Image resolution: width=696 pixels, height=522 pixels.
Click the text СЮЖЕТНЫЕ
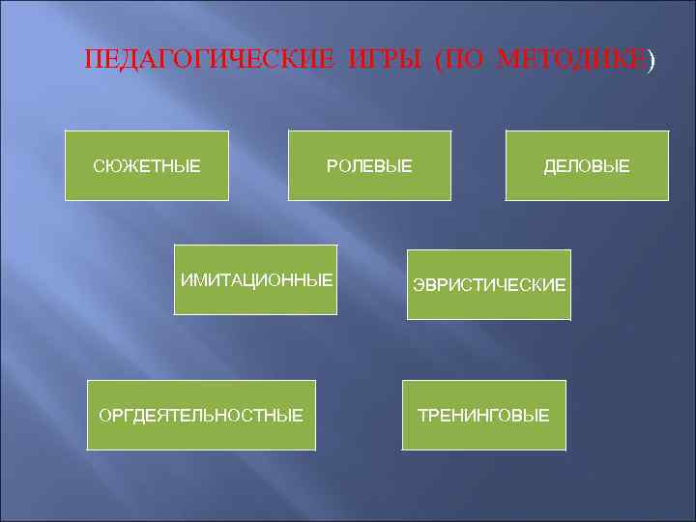[147, 167]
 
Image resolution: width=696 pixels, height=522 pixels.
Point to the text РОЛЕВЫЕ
[369, 167]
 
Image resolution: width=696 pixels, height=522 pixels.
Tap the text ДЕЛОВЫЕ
[587, 167]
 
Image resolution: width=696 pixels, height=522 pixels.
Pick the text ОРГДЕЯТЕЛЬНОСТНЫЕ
[201, 416]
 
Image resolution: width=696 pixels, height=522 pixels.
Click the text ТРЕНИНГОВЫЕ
[483, 416]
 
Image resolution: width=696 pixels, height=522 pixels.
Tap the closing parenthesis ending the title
[651, 61]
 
